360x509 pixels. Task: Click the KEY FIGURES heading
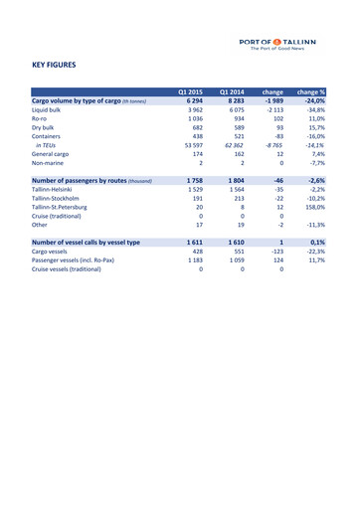point(55,66)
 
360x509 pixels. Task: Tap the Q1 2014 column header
point(231,91)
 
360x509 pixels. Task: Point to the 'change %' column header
point(311,91)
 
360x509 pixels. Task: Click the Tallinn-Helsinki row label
point(59,195)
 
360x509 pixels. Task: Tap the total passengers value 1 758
point(192,185)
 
